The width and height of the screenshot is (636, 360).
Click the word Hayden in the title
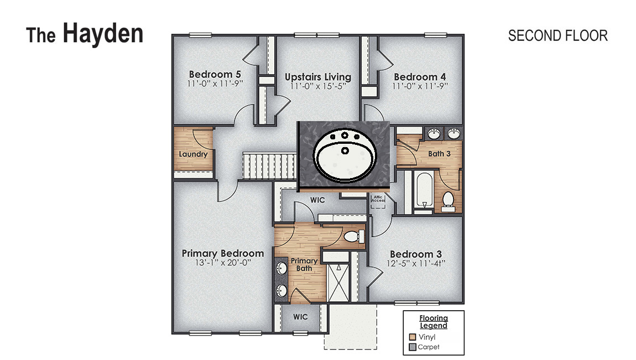pos(103,34)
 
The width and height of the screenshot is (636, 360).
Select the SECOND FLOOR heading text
pos(557,36)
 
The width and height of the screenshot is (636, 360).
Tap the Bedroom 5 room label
pos(215,75)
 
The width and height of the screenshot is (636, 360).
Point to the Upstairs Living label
pos(317,77)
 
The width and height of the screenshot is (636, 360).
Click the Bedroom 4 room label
pos(420,77)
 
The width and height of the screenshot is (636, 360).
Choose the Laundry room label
pos(193,154)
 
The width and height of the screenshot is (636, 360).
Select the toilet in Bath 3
pos(449,200)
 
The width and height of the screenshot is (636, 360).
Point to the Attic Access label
pos(378,198)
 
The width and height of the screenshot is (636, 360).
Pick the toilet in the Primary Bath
pos(353,237)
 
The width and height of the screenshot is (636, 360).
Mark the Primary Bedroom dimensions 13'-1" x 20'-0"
pos(222,263)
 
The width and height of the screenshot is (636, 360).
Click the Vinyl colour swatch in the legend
pos(412,336)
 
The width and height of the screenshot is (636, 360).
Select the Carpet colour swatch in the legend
pos(412,347)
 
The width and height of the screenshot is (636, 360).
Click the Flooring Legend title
pos(433,321)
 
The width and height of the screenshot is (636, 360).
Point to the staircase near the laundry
pos(269,166)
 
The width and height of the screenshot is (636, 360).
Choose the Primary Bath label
pos(304,264)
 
